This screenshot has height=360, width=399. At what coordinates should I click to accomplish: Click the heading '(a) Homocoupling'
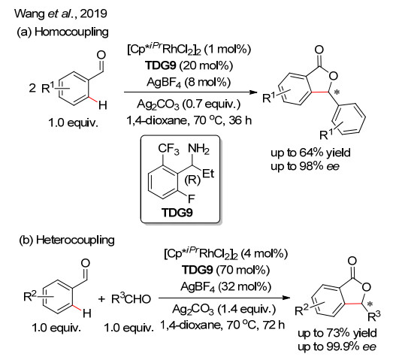tap(62, 32)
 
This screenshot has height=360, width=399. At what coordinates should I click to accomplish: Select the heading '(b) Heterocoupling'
tap(67, 240)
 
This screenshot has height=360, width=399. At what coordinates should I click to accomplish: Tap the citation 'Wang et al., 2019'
tap(61, 14)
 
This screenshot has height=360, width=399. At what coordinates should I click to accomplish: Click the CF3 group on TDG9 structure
tap(168, 149)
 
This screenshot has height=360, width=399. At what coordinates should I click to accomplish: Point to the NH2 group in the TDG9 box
tap(198, 149)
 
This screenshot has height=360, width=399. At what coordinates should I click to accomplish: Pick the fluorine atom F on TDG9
tap(192, 199)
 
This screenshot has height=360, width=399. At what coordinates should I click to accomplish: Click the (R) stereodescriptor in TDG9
tap(192, 180)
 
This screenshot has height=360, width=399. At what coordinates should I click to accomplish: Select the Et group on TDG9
tap(208, 174)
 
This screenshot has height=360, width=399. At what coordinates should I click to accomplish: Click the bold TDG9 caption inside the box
tap(177, 213)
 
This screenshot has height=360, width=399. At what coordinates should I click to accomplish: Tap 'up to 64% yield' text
tap(310, 153)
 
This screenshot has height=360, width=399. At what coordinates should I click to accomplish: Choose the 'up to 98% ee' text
tap(305, 167)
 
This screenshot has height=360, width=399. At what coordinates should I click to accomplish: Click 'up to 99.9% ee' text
tap(337, 346)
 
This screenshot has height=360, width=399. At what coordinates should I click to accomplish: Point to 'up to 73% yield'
tap(337, 333)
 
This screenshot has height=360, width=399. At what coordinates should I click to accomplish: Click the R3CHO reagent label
tap(131, 298)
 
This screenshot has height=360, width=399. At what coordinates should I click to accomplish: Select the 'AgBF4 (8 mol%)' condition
tap(189, 82)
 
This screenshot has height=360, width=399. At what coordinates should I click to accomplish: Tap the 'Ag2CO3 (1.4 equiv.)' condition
tap(224, 310)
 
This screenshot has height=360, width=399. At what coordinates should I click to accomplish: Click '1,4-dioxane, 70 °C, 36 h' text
tap(189, 120)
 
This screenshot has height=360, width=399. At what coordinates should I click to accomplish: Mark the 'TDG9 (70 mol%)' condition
tap(225, 270)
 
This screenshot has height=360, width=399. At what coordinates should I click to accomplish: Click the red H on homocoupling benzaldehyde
tap(102, 105)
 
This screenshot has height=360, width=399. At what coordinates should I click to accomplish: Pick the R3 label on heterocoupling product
tap(374, 316)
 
